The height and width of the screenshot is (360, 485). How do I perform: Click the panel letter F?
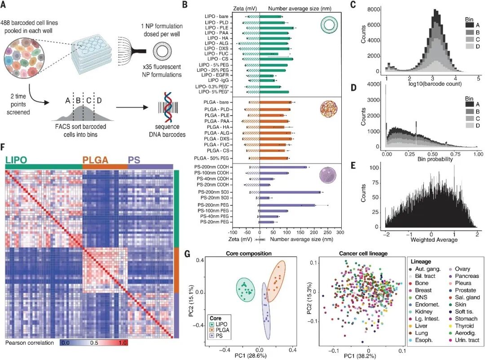pos(4,147)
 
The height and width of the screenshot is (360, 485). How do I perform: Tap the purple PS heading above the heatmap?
pos(134,160)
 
